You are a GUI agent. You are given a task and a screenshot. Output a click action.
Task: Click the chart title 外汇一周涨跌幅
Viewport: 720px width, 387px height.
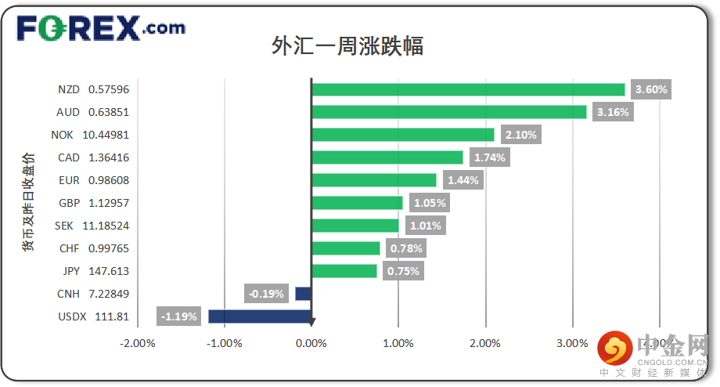[x=347, y=45]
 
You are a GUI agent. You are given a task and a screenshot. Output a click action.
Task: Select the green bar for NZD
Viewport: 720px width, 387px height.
[x=468, y=89]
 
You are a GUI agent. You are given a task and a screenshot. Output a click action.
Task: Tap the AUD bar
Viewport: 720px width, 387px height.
[x=449, y=112]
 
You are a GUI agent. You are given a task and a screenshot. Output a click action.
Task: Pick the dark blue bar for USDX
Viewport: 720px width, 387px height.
[x=260, y=316]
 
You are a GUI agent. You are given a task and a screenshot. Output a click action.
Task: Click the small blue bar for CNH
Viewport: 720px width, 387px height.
[x=303, y=294]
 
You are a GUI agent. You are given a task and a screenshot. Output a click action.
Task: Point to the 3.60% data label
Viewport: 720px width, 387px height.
[x=651, y=89]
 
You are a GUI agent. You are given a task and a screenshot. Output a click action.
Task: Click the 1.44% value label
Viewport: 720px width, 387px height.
[x=463, y=180]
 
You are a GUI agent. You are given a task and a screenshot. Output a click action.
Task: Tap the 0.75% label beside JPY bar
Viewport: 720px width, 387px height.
[x=403, y=271]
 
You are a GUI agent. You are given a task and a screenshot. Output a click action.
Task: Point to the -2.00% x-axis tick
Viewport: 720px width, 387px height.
[x=138, y=343]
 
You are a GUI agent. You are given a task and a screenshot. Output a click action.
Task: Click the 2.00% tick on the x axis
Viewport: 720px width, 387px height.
[x=485, y=343]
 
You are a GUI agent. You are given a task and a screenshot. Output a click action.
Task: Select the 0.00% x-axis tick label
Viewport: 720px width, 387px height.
[x=311, y=343]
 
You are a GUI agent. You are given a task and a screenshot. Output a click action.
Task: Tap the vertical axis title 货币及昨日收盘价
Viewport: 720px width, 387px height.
[x=28, y=202]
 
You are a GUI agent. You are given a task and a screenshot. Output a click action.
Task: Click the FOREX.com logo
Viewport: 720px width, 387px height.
[x=101, y=28]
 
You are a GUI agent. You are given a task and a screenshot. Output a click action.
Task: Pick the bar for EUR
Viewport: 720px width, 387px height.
[x=374, y=180]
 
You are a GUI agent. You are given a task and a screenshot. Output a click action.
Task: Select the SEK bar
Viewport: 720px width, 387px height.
[x=355, y=226]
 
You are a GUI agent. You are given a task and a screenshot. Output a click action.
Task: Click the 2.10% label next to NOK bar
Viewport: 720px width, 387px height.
[x=521, y=135]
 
